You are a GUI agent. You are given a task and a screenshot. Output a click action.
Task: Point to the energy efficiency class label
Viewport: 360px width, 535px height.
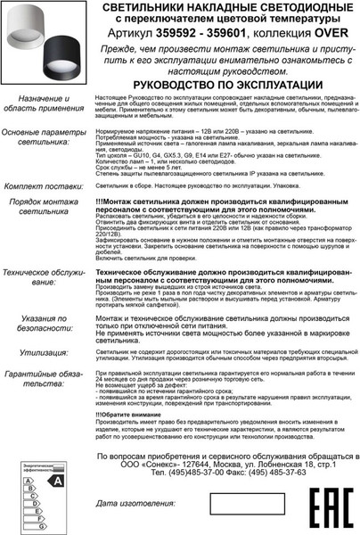[43, 489]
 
